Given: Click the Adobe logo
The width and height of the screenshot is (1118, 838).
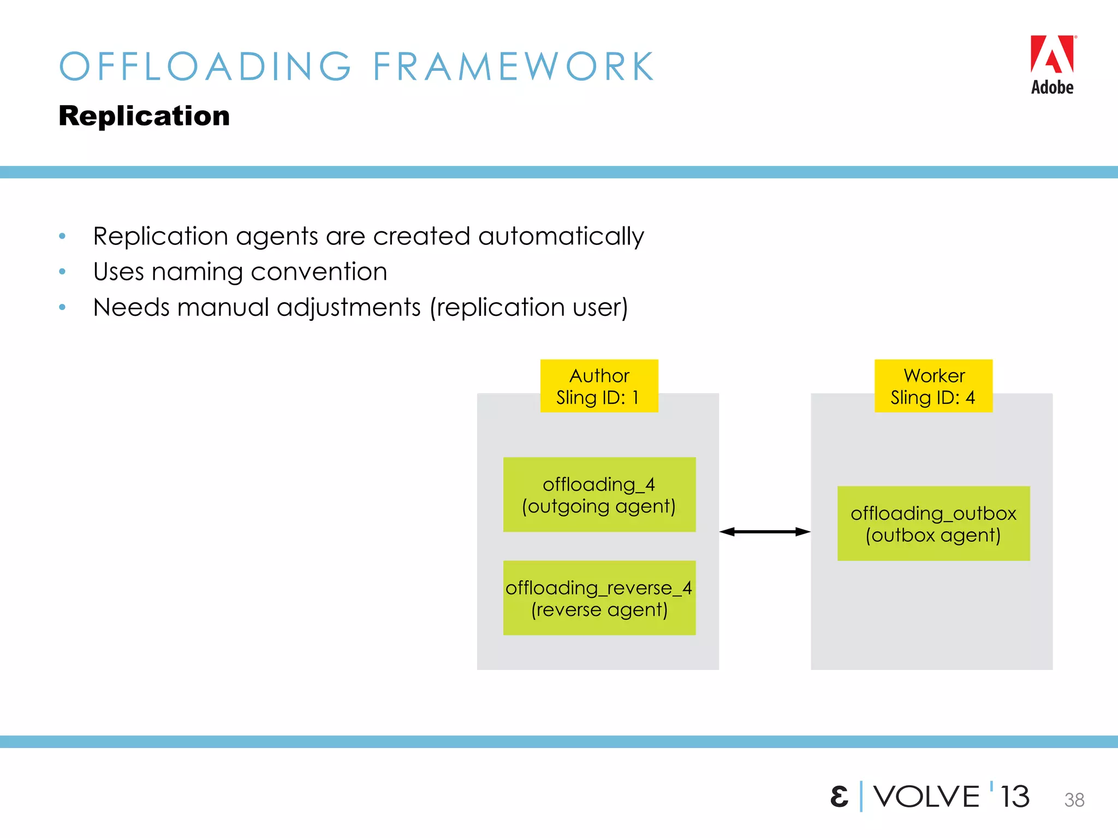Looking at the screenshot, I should pyautogui.click(x=1052, y=64).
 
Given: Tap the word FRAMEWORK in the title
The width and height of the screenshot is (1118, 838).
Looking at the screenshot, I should pyautogui.click(x=513, y=67).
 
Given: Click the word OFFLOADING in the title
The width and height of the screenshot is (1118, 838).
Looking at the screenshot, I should pyautogui.click(x=205, y=67).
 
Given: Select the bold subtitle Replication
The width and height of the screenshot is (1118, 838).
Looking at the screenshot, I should pyautogui.click(x=144, y=116).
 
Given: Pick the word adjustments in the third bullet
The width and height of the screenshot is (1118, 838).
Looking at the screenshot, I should pyautogui.click(x=349, y=307).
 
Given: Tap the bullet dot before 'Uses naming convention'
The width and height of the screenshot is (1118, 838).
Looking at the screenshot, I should pyautogui.click(x=62, y=272).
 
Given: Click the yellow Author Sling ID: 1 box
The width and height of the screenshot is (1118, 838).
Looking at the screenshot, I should pyautogui.click(x=599, y=386).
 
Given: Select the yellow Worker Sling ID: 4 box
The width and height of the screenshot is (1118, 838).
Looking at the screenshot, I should pyautogui.click(x=933, y=386).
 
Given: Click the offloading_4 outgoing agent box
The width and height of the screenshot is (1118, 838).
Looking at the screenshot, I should pyautogui.click(x=599, y=494).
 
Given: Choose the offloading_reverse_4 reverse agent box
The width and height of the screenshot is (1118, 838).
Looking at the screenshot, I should pyautogui.click(x=599, y=598).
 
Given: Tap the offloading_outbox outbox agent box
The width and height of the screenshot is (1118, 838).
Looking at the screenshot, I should pyautogui.click(x=933, y=523).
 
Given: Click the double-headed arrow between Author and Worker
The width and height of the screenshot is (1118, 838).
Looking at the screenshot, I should pyautogui.click(x=764, y=531).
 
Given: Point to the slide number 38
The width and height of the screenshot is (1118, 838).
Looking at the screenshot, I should pyautogui.click(x=1074, y=800).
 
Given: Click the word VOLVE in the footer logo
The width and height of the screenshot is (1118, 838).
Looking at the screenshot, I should pyautogui.click(x=926, y=797).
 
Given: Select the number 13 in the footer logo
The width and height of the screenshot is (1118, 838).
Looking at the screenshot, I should pyautogui.click(x=1014, y=797).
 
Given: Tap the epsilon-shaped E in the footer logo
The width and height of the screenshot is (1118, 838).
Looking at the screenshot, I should pyautogui.click(x=839, y=797).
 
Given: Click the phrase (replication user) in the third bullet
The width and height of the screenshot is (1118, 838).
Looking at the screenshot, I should pyautogui.click(x=528, y=307).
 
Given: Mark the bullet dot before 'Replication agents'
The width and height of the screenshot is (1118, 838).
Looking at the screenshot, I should pyautogui.click(x=62, y=236).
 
